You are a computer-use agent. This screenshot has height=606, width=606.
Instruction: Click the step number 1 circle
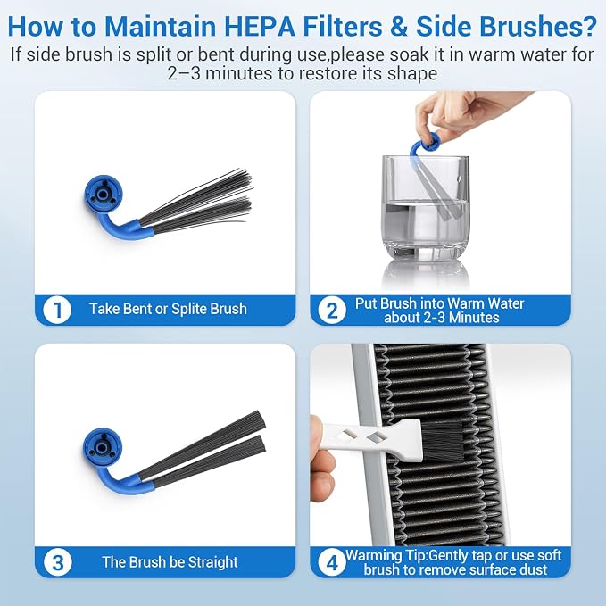57,310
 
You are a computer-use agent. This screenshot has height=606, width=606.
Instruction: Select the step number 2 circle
332,310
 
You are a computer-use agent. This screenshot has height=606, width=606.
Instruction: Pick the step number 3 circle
58,562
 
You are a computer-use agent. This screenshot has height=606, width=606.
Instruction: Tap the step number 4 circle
332,562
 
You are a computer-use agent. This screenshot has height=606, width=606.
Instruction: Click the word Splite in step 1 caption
189,309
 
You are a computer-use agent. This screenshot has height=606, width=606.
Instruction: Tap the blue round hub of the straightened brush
102,447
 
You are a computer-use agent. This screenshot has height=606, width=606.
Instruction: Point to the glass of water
425,208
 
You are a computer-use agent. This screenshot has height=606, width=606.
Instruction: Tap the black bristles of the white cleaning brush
440,441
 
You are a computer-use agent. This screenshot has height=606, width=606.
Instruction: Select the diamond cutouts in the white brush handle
362,436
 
